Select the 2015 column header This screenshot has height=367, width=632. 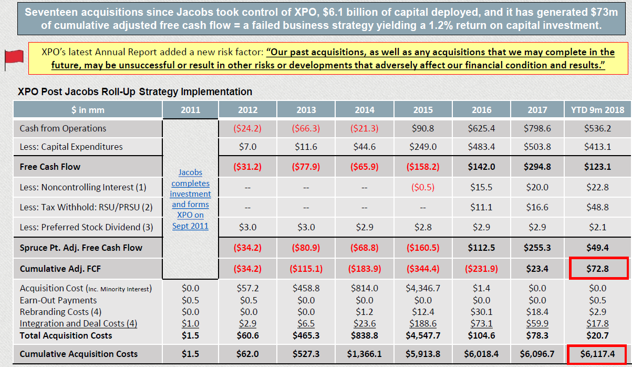pos(423,110)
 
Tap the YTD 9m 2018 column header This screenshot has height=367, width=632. pos(597,110)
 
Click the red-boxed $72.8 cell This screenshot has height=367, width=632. pos(597,269)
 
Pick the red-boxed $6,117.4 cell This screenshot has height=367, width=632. pos(597,354)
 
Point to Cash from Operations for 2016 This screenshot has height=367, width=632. pos(481,128)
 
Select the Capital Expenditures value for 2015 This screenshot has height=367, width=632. pos(423,147)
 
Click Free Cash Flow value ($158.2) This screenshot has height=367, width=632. pos(423,167)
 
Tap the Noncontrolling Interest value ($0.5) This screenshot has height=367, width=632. pos(423,187)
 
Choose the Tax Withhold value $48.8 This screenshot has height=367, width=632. pos(597,207)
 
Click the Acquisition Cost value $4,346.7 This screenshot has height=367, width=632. pos(423,288)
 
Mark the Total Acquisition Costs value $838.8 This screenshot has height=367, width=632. pos(365,335)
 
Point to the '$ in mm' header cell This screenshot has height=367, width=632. pos(88,110)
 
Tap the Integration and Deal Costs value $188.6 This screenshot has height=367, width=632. pos(423,323)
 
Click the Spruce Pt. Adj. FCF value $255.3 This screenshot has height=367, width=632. pos(537,248)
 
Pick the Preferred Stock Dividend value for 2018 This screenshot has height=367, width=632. pos(597,227)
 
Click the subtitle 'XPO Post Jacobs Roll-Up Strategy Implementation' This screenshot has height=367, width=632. pos(135,91)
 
